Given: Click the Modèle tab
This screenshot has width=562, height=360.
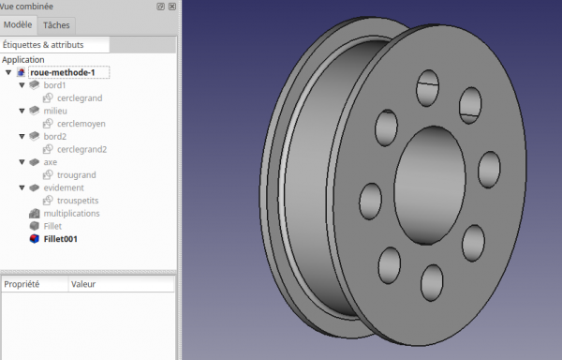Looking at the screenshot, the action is (18, 24).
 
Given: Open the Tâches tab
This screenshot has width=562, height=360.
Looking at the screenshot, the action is (56, 25).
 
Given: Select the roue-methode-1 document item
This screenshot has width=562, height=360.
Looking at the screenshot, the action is (63, 72).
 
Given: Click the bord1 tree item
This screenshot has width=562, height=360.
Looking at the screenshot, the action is (54, 85).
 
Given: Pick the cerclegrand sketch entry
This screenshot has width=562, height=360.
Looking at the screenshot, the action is (80, 98).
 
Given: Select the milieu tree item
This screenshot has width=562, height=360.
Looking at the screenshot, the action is (55, 112).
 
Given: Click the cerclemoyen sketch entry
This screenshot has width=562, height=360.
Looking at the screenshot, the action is (81, 124).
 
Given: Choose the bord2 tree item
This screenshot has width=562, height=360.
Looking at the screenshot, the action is (55, 137).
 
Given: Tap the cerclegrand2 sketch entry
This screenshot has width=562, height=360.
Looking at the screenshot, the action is (82, 149).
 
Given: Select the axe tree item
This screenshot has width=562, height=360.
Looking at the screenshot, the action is (51, 162).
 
